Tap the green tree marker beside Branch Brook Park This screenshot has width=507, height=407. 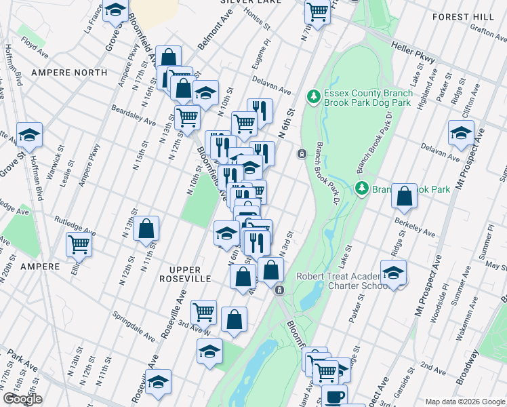[x=362, y=187]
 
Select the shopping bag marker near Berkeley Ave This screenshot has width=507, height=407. [x=404, y=196]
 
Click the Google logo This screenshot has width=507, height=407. [x=22, y=400]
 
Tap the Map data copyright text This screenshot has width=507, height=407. [x=464, y=402]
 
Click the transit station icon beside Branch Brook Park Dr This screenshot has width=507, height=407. [x=301, y=153]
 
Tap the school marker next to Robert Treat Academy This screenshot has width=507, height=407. [x=393, y=273]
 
